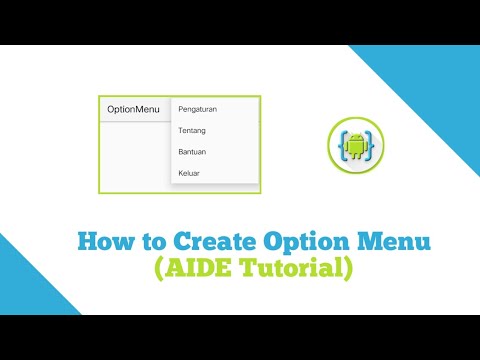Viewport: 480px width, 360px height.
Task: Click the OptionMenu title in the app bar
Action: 133,109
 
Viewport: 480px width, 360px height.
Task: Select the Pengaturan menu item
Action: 197,108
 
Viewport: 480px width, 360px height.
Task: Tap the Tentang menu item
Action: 192,130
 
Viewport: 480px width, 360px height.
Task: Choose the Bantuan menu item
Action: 192,152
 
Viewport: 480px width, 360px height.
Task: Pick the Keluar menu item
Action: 189,174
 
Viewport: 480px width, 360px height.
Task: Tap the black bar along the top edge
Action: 240,21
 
